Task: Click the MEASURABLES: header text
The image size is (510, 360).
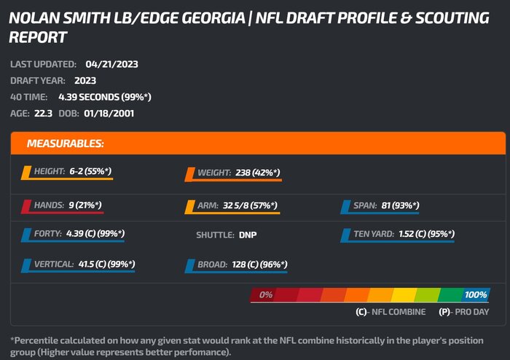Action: point(66,144)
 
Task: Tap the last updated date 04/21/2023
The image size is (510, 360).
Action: point(111,64)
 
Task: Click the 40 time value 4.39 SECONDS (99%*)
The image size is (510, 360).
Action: point(105,96)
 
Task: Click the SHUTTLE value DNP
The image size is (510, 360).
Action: point(248,235)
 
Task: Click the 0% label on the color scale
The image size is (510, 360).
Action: point(265,295)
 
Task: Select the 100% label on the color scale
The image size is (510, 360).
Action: point(475,295)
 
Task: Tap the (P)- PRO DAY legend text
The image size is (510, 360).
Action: point(463,312)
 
